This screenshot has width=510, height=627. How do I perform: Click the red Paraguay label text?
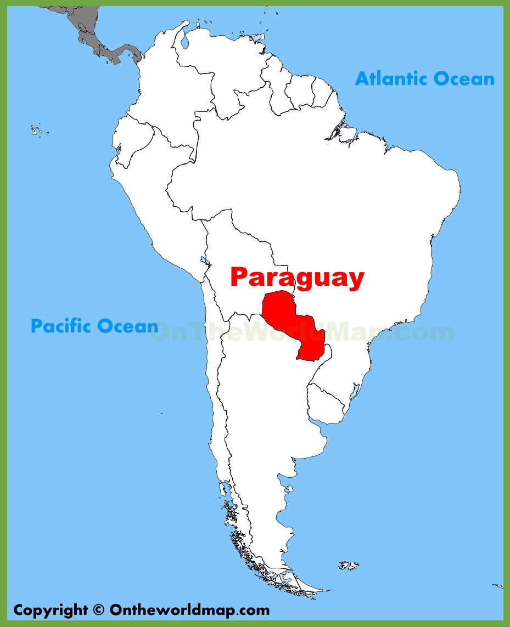297,278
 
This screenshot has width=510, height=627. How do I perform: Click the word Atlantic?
390,78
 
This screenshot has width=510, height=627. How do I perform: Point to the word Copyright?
50,609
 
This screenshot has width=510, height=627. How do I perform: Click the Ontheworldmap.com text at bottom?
189,609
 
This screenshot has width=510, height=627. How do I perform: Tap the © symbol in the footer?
98,609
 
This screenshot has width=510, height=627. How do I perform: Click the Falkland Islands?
349,565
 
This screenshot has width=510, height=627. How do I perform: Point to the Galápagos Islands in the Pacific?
37,131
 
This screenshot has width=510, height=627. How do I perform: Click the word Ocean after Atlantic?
463,78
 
